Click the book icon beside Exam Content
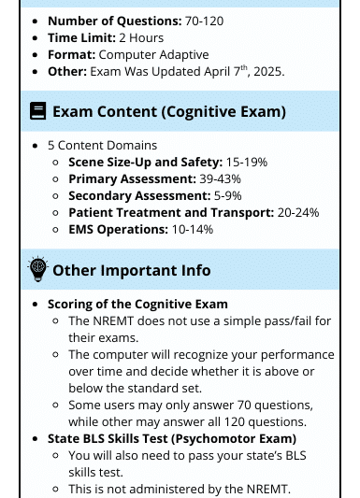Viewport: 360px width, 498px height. tap(37, 111)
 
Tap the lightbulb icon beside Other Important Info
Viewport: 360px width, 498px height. tap(37, 269)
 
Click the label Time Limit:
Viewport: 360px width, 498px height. tap(81, 37)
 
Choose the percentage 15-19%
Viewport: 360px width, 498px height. tap(247, 162)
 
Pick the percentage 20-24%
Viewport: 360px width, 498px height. tap(298, 212)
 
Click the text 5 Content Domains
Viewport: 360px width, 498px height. tap(102, 145)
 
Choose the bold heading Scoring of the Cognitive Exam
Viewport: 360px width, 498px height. tap(137, 304)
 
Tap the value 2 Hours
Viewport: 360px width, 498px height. tap(141, 37)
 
